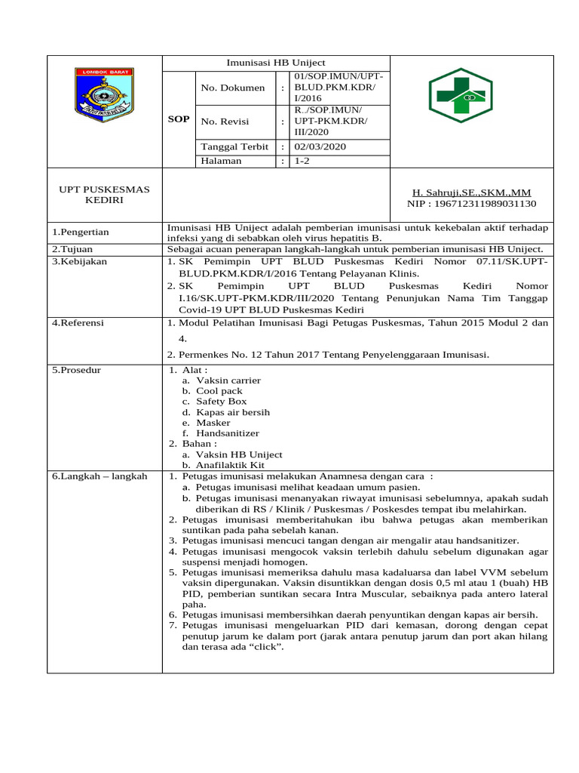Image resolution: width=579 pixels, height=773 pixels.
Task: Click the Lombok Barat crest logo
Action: coord(104,96)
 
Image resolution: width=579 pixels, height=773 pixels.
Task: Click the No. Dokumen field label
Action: coord(233,88)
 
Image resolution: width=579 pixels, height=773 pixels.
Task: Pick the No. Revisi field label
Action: coord(225,121)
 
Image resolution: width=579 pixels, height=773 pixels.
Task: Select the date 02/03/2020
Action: coord(320,146)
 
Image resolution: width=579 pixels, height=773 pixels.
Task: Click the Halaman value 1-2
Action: coord(302,161)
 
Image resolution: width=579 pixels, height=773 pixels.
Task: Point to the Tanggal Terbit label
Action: coord(234,146)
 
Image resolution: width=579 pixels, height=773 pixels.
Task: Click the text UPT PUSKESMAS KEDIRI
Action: coord(104,195)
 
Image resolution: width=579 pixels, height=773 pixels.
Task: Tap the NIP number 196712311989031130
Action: coord(471,204)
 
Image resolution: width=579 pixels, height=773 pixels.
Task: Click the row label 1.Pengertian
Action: coord(81,232)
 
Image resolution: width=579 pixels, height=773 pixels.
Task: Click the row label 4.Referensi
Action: coord(78,323)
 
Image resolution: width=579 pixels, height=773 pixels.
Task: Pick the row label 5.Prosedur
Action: coord(76,370)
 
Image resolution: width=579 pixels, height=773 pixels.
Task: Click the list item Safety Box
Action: coord(221,402)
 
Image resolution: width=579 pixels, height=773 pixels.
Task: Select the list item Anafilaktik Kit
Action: coord(230,465)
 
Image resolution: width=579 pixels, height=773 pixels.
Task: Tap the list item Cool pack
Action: coord(219,391)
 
